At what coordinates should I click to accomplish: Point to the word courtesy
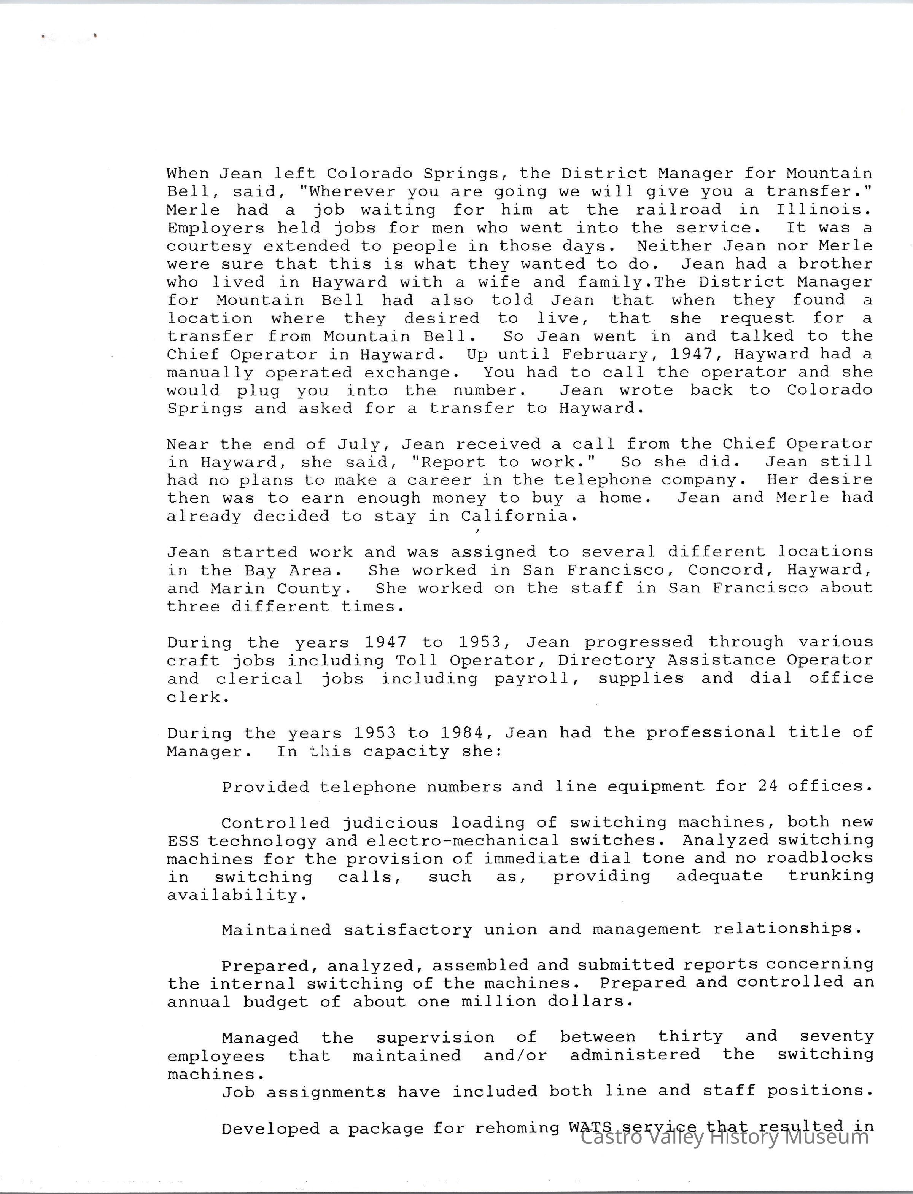[x=209, y=246]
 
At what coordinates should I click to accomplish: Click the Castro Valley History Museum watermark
[x=724, y=1137]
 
